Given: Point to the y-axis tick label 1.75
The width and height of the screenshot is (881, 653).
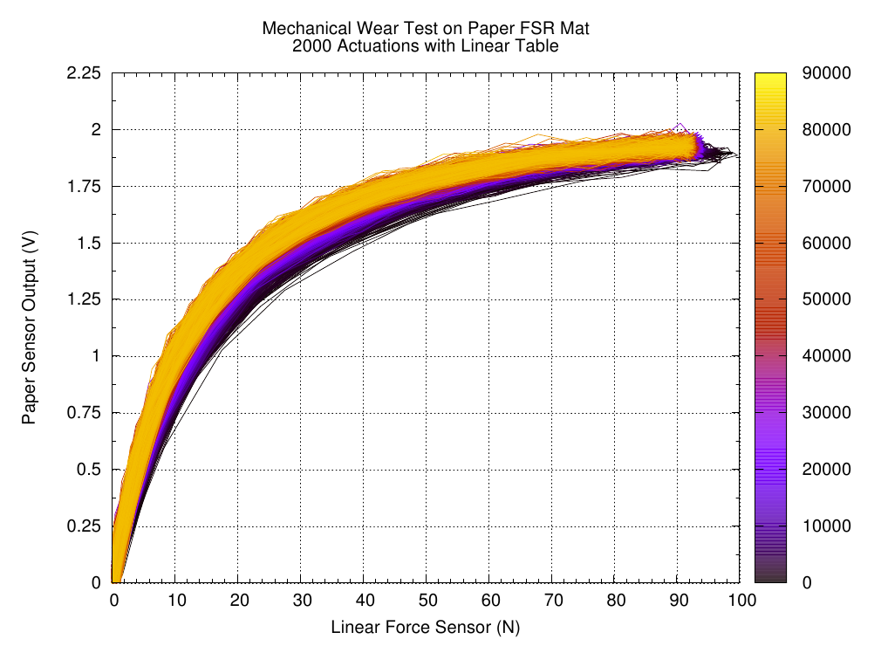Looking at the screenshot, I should [85, 187].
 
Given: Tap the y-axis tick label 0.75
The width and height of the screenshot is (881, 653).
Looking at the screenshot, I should [85, 413].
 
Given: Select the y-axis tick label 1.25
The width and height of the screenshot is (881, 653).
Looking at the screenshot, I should [85, 299].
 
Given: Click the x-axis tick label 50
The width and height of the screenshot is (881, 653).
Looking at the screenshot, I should [427, 601].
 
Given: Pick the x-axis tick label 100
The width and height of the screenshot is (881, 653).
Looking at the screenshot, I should [740, 601].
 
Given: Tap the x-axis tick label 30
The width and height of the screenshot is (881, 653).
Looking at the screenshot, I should [301, 601].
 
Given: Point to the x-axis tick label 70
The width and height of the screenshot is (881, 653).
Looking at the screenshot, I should [552, 601].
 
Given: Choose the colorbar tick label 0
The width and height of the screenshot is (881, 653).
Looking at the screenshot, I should [807, 582].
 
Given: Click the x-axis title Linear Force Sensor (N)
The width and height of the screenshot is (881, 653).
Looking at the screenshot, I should [425, 627].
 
